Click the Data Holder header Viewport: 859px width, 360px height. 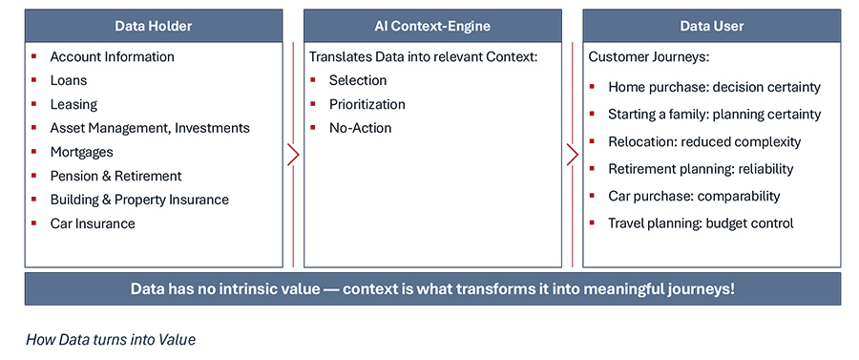click(153, 26)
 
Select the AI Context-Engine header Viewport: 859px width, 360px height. click(432, 26)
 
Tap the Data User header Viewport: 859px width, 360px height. click(711, 26)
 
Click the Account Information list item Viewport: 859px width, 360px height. click(112, 56)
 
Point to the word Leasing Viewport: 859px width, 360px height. click(73, 104)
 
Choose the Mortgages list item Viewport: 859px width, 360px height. click(81, 152)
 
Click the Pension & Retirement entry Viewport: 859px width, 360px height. click(115, 176)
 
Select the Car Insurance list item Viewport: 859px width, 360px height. click(93, 223)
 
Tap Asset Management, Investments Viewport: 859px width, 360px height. click(150, 128)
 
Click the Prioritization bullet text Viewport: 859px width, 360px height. click(367, 104)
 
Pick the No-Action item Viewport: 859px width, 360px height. click(360, 128)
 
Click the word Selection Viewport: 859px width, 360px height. click(358, 80)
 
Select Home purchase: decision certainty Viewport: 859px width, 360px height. click(714, 87)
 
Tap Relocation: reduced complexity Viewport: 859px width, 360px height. click(704, 141)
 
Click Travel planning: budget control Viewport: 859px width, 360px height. click(701, 223)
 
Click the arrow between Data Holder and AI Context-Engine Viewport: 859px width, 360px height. click(294, 155)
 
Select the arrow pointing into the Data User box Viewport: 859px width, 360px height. click(573, 155)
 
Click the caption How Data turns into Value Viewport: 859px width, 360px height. click(110, 339)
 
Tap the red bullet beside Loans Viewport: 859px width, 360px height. click(34, 80)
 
